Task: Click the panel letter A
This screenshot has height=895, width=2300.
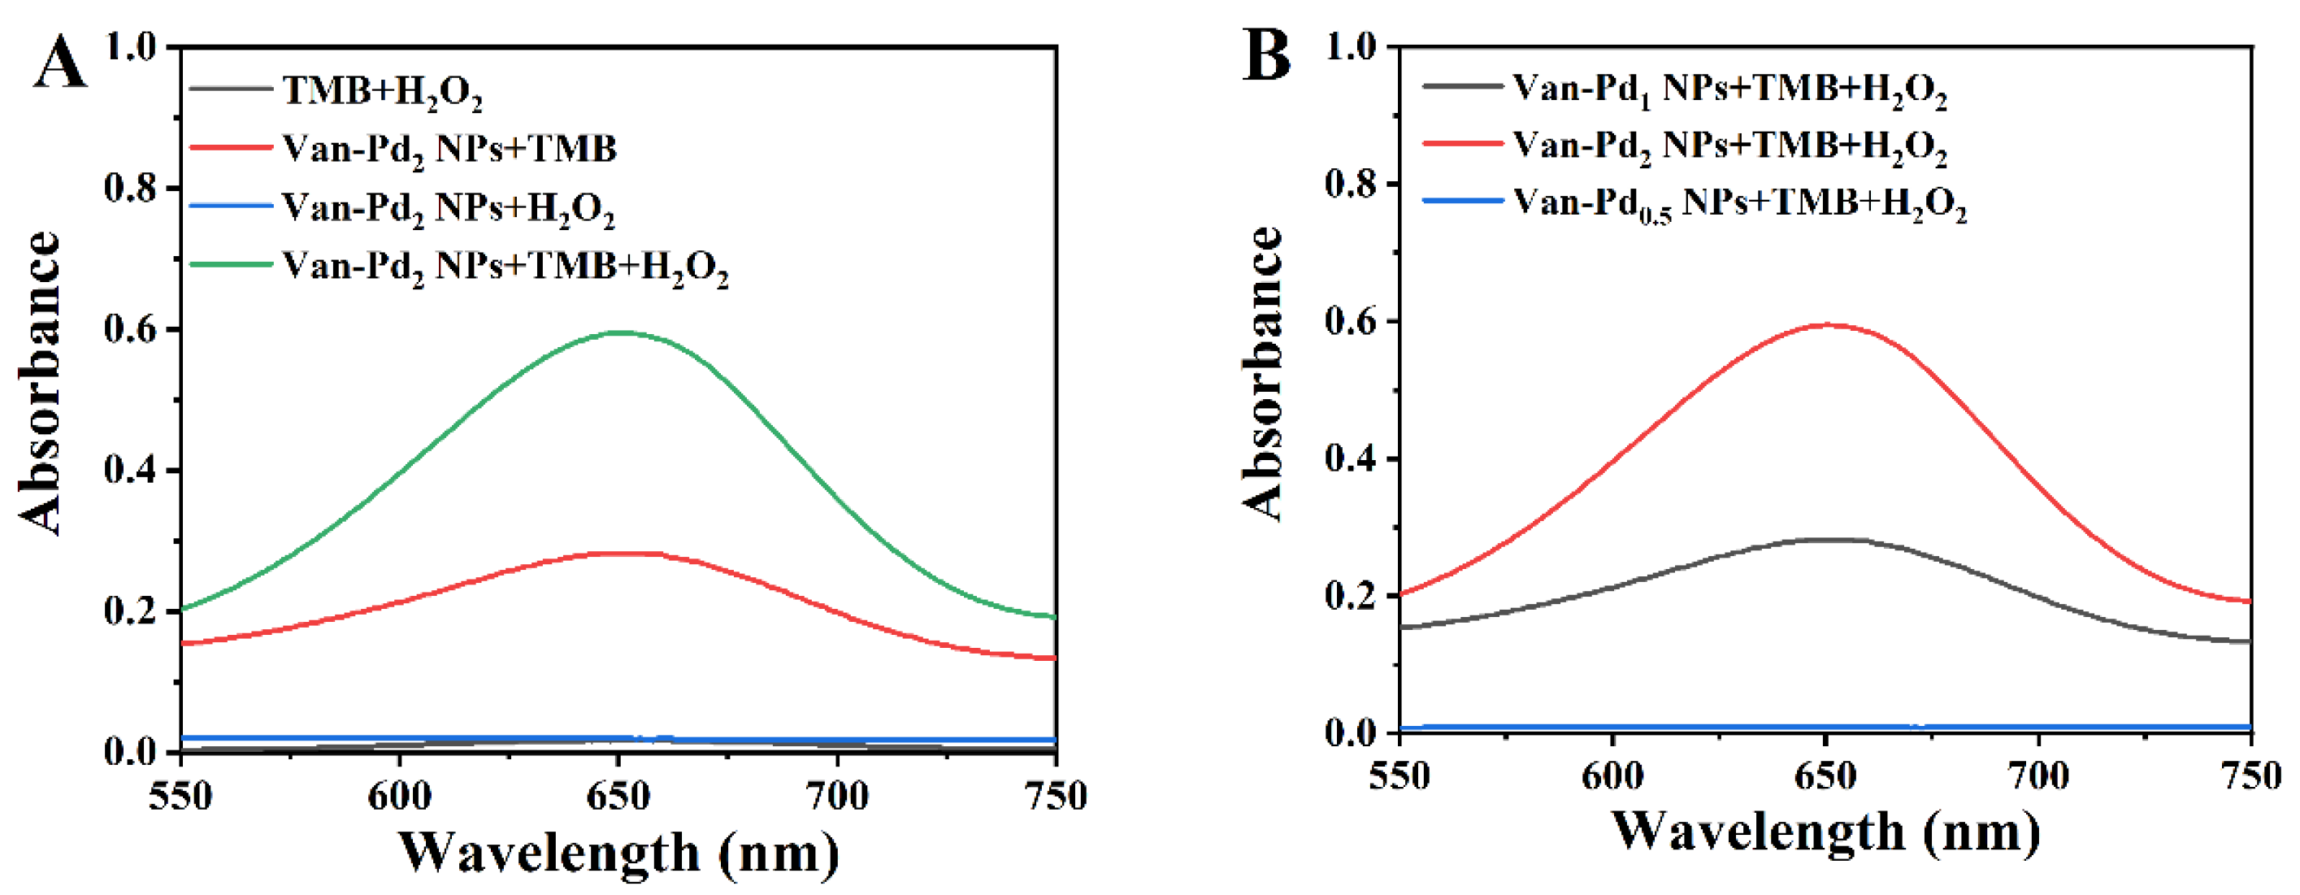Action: pyautogui.click(x=61, y=63)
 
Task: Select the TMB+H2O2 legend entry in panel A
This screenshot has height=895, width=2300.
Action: pyautogui.click(x=382, y=91)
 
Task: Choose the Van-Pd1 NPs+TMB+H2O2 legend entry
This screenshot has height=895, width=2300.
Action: pyautogui.click(x=1729, y=89)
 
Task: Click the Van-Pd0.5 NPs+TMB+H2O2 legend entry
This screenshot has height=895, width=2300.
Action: pyautogui.click(x=1739, y=204)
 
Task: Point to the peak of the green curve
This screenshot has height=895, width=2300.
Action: pyautogui.click(x=618, y=332)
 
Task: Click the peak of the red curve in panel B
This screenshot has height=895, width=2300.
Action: pyautogui.click(x=1827, y=324)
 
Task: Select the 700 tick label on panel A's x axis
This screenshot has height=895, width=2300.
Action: pyautogui.click(x=836, y=796)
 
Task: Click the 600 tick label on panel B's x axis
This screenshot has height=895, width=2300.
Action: pyautogui.click(x=1612, y=776)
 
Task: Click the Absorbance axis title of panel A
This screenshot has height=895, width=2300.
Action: pyautogui.click(x=39, y=384)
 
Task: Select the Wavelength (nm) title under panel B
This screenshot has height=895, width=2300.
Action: pyautogui.click(x=1826, y=832)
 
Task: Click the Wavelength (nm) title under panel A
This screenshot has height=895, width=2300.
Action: pyautogui.click(x=618, y=853)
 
